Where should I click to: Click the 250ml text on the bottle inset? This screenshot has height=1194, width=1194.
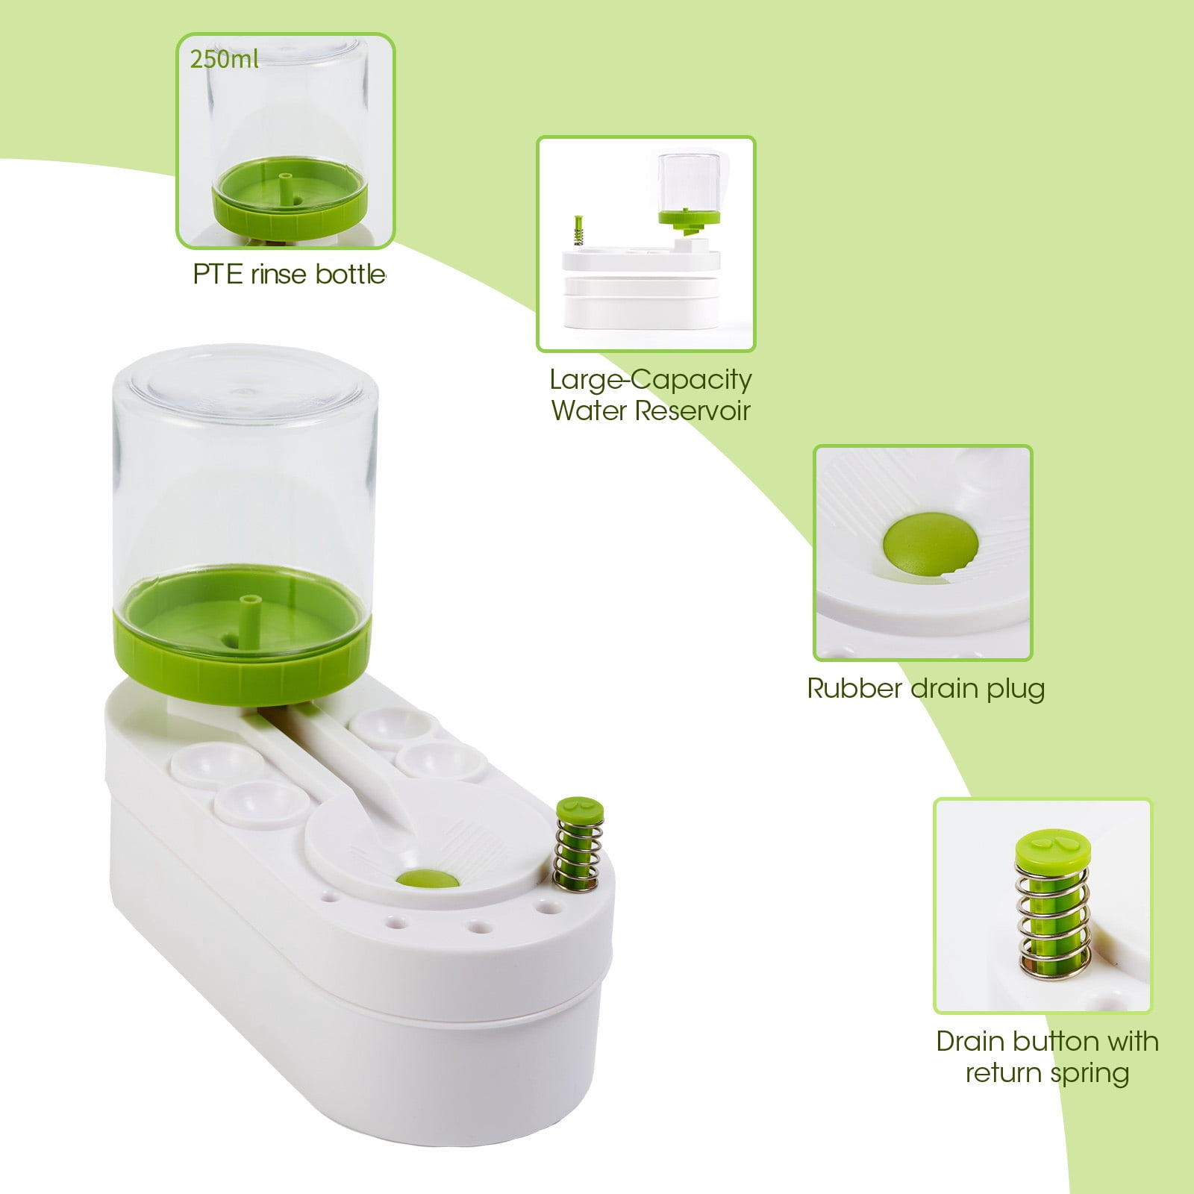224,59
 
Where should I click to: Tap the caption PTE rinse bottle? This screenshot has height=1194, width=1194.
290,274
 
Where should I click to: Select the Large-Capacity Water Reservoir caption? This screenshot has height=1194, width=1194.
651,395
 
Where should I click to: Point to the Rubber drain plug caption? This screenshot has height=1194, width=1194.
925,688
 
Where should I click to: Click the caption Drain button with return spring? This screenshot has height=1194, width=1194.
1047,1057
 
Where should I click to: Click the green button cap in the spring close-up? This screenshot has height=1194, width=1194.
1053,848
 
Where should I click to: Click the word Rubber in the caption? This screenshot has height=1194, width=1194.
854,687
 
